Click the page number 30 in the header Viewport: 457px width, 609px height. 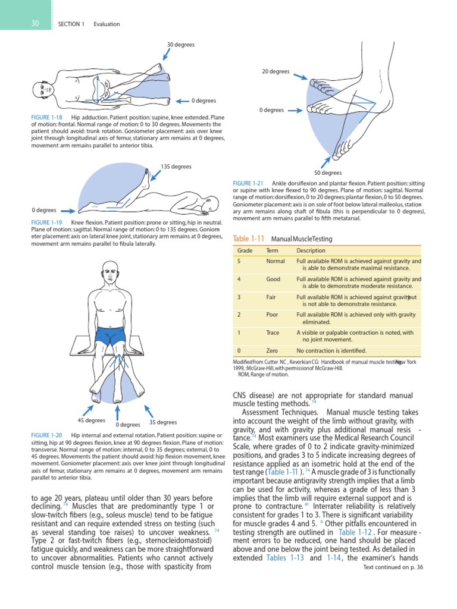click(36, 24)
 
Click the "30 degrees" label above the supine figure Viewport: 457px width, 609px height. click(180, 45)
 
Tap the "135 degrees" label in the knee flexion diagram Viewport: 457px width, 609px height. click(176, 167)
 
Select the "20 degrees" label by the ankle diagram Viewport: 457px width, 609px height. click(276, 71)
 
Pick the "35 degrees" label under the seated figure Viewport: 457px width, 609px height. click(163, 422)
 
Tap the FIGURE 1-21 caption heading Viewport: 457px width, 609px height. click(250, 183)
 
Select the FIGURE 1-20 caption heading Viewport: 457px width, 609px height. click(47, 436)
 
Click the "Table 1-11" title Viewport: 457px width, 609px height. click(248, 239)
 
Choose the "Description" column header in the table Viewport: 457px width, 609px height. click(311, 250)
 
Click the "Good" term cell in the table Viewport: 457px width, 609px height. click(273, 279)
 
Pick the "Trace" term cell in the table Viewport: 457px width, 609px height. click(273, 333)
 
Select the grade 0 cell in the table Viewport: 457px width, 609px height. click(239, 350)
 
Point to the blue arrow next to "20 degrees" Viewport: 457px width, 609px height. click(300, 76)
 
